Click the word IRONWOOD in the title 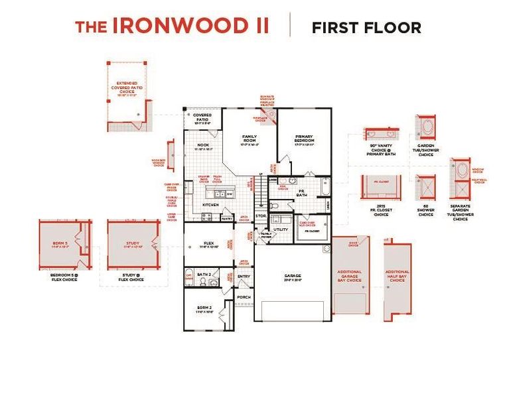(190, 26)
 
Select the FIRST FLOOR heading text (366, 27)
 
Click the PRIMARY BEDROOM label (303, 140)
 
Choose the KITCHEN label (210, 205)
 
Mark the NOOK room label (202, 145)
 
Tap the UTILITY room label (281, 229)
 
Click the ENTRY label (244, 275)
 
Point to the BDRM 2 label (204, 308)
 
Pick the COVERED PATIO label (202, 117)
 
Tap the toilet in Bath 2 (214, 282)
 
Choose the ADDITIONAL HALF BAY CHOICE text (397, 275)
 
